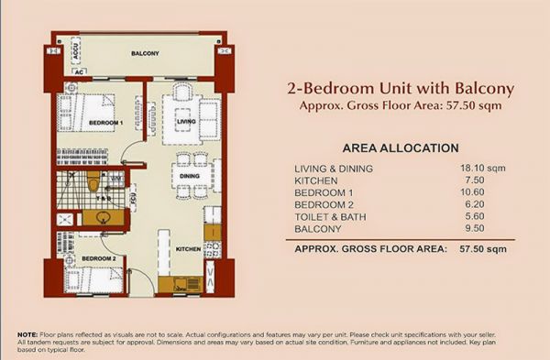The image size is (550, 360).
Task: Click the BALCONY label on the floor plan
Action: point(144,54)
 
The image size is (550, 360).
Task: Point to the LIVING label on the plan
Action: point(187,120)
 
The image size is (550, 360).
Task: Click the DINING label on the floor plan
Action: point(190,176)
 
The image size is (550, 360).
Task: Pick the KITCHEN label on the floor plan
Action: point(188,249)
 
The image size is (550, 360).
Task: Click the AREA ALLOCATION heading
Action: point(400,147)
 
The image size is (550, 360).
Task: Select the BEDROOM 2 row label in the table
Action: point(325,205)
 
